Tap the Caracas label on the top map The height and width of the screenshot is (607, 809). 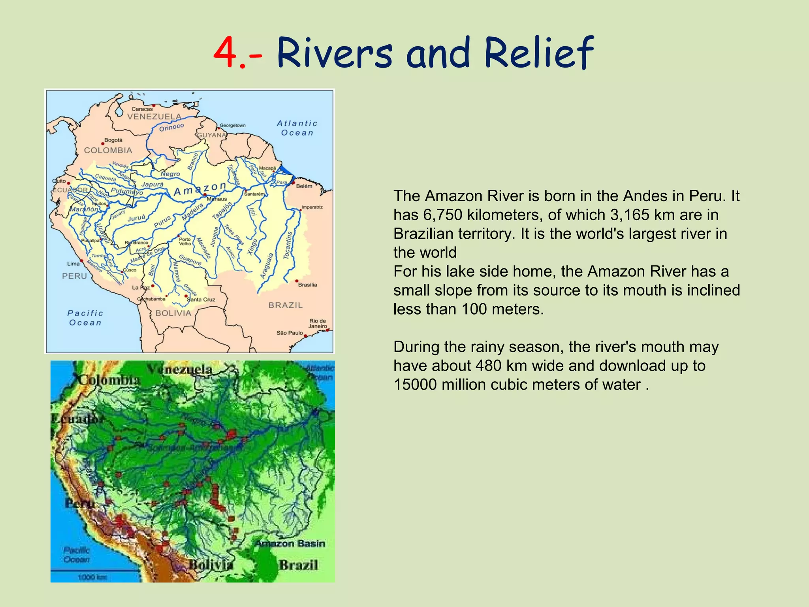(142, 109)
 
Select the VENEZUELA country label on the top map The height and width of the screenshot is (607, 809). (154, 117)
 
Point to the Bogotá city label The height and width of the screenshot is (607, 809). (113, 140)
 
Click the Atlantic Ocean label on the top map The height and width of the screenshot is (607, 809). (297, 128)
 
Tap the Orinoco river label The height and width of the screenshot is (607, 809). (171, 127)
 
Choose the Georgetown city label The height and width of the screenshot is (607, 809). (233, 125)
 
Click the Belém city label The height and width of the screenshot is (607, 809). (304, 186)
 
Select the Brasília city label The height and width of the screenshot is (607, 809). (307, 285)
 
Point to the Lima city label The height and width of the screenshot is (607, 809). (73, 264)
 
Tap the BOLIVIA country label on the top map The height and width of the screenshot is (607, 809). (173, 313)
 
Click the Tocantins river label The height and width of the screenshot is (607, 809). (288, 245)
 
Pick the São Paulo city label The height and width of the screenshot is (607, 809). (290, 333)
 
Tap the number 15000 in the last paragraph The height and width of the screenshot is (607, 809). (415, 385)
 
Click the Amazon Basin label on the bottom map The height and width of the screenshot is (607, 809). (290, 544)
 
